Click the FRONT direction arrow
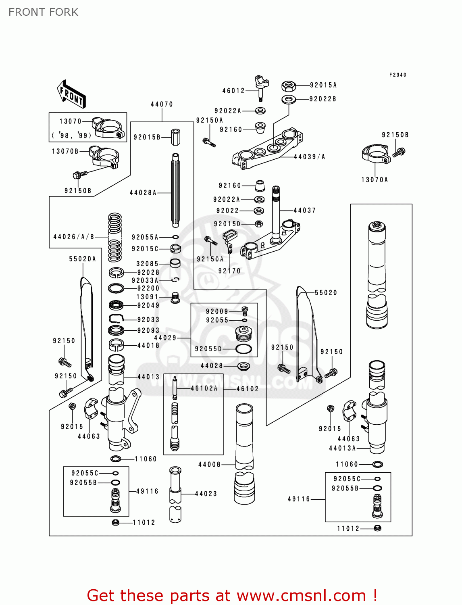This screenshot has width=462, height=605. (71, 94)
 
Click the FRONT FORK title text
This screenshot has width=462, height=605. (43, 12)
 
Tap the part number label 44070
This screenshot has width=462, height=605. (162, 104)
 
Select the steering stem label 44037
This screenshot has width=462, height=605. (304, 210)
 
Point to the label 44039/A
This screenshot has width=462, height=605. (309, 156)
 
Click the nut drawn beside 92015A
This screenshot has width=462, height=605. (288, 86)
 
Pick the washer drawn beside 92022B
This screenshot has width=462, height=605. (288, 99)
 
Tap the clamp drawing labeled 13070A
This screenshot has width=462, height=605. (376, 155)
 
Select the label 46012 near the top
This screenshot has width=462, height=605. (233, 91)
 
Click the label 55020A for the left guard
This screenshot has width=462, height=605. (83, 259)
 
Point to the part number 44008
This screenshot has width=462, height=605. (209, 464)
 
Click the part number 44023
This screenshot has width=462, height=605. (206, 493)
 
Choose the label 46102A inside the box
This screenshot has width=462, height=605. (204, 388)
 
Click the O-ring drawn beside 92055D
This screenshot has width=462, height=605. (243, 349)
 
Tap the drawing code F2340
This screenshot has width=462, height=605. (397, 75)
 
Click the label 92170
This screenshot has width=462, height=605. (229, 271)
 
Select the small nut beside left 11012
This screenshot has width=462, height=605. (115, 522)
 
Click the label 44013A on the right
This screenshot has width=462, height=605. (342, 448)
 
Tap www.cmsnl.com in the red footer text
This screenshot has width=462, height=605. (301, 595)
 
